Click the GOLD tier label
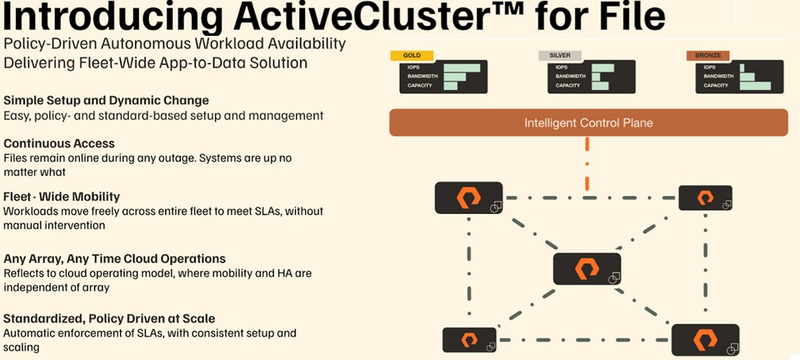[411, 56]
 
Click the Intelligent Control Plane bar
[587, 123]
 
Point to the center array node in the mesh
[587, 268]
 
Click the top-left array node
[468, 197]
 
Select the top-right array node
[705, 197]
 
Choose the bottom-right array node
[705, 340]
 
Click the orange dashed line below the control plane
[587, 162]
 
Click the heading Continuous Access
[59, 143]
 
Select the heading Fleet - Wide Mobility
[62, 197]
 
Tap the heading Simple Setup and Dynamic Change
[106, 101]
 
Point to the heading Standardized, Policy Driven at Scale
[109, 318]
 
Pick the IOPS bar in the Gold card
[462, 67]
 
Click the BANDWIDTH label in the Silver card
[569, 76]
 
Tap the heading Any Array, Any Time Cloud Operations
[115, 258]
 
